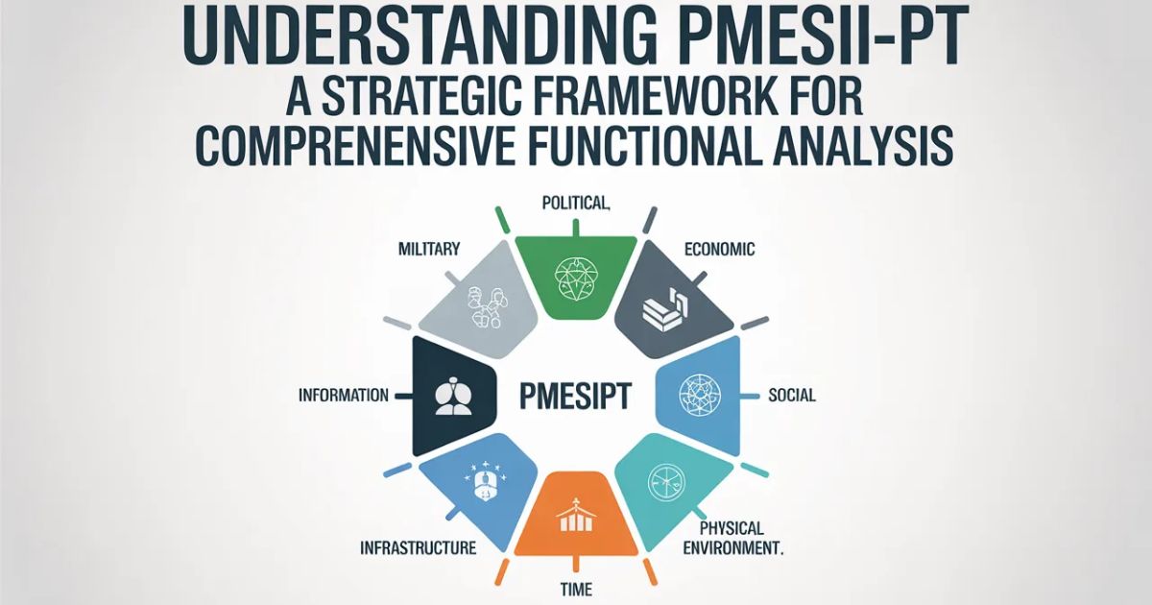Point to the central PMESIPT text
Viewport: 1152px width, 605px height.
click(574, 395)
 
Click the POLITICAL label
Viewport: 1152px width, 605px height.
click(576, 203)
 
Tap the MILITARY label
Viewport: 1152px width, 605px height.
click(429, 250)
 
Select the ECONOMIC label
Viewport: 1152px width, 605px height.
click(719, 250)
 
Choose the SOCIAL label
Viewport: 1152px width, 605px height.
click(792, 395)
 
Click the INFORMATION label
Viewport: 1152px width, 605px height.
click(344, 395)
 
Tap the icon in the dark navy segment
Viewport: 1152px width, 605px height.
click(448, 397)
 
